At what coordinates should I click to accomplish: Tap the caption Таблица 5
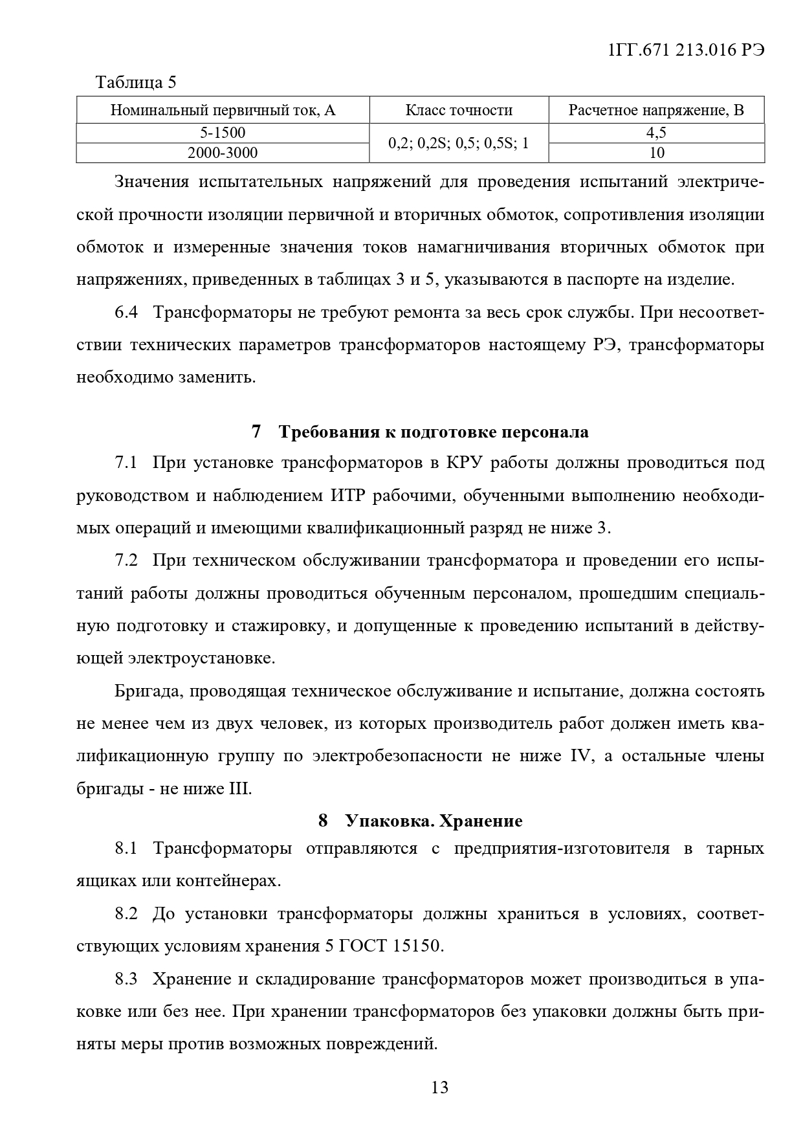[x=136, y=82]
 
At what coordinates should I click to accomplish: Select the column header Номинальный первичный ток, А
[x=223, y=110]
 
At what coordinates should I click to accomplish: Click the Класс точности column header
[x=459, y=110]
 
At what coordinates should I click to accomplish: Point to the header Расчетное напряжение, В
[x=656, y=110]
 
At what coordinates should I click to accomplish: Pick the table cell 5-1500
[x=223, y=133]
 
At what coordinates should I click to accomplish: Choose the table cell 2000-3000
[x=223, y=153]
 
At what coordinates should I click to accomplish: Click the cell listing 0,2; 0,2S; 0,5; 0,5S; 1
[x=459, y=143]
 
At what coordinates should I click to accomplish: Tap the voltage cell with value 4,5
[x=656, y=133]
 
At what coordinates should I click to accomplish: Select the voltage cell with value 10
[x=656, y=153]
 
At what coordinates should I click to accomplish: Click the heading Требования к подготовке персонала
[x=434, y=432]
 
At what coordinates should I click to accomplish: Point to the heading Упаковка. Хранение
[x=434, y=821]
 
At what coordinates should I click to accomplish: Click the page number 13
[x=439, y=1087]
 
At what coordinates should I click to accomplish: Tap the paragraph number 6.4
[x=127, y=312]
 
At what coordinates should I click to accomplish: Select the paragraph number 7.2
[x=127, y=560]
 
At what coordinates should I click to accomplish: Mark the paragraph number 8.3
[x=127, y=979]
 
